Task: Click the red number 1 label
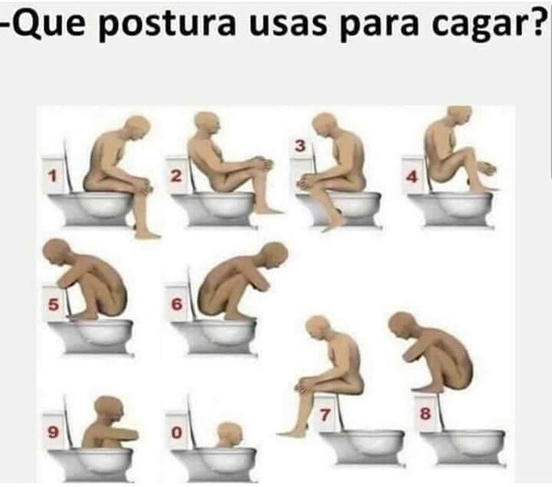52,175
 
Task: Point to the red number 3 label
299,145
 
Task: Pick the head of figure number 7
317,326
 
